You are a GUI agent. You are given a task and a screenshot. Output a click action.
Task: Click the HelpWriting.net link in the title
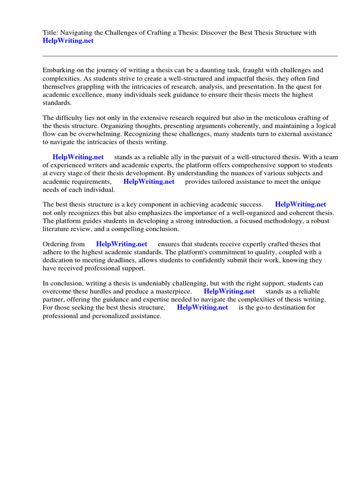point(68,41)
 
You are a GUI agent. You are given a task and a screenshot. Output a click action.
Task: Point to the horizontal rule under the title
point(190,56)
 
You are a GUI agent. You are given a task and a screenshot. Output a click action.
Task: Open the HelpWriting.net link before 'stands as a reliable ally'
point(78,157)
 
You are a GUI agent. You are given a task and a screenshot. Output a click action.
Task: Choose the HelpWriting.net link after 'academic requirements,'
point(149,182)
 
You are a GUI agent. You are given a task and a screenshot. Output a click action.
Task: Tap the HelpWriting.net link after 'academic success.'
point(300,205)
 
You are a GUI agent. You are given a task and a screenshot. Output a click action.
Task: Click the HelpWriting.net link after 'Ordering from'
point(121,244)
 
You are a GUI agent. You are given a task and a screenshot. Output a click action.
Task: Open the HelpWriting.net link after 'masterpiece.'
point(229,292)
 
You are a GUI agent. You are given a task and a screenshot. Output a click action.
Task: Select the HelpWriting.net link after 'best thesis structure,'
point(202,307)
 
